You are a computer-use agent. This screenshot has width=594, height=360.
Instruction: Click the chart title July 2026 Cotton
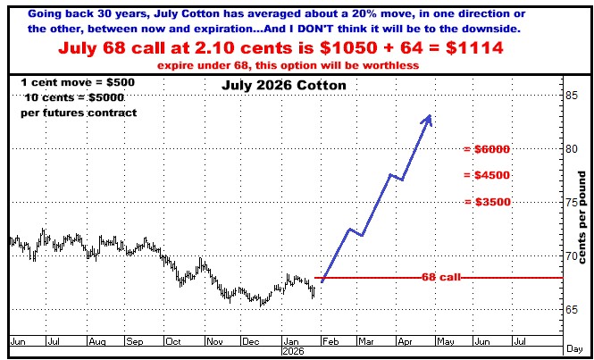click(279, 87)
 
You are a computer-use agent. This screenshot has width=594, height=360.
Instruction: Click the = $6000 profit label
click(487, 149)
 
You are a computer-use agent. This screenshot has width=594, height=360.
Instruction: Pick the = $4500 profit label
click(487, 175)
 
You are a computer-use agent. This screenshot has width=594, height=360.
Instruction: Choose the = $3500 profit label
click(487, 202)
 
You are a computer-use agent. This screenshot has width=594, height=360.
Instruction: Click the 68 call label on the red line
click(441, 278)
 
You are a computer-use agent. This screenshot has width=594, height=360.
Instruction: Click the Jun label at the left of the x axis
click(18, 341)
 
